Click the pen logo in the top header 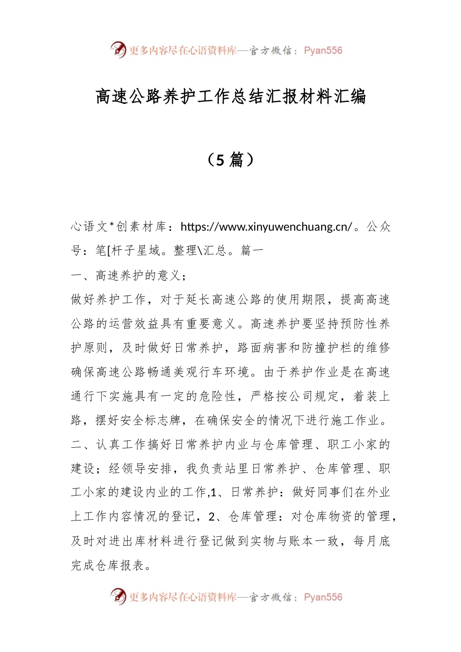click(x=118, y=49)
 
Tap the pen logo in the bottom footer click(x=118, y=596)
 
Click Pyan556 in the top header click(x=323, y=50)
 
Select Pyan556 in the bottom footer click(x=323, y=597)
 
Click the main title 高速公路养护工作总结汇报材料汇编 click(x=230, y=97)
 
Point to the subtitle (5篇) click(x=230, y=160)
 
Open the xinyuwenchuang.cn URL click(x=266, y=227)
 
